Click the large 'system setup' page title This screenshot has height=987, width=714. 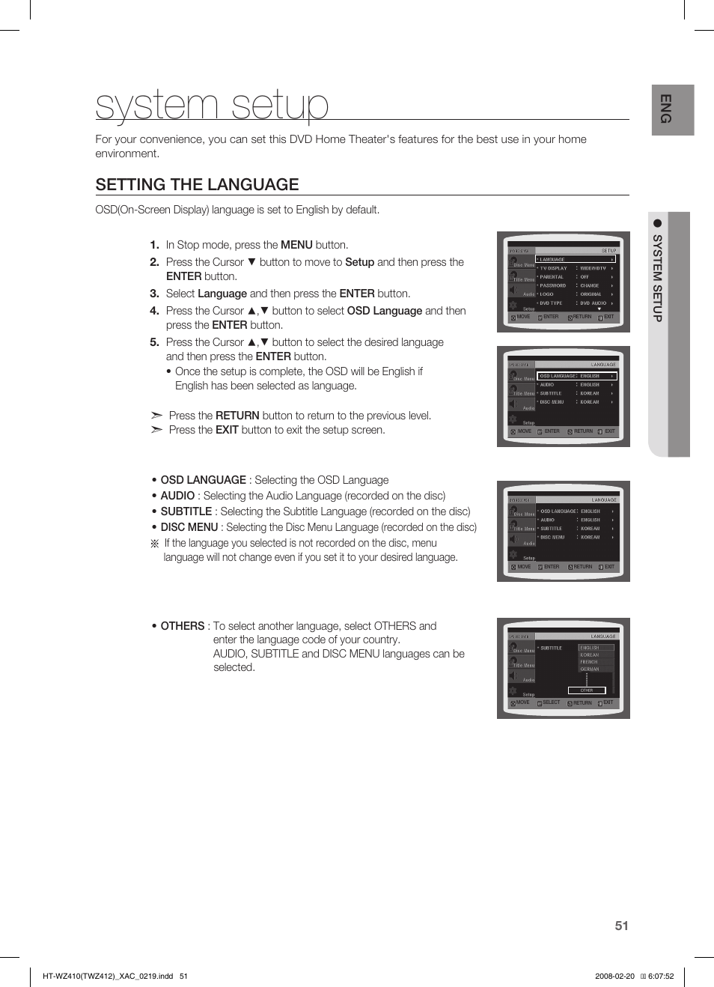212,105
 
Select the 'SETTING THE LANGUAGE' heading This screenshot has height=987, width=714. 197,185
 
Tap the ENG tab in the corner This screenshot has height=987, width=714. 672,109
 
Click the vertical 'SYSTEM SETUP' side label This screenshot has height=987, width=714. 657,278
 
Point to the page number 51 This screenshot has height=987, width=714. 621,926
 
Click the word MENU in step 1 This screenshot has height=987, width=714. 296,245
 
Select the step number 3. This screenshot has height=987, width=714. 154,294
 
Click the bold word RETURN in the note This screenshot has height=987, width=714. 237,416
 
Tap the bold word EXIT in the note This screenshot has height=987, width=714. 227,430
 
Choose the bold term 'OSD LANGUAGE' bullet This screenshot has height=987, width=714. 203,480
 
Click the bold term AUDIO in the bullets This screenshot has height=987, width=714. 177,496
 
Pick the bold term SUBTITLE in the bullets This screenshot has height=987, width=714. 186,511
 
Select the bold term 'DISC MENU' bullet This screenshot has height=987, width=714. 189,527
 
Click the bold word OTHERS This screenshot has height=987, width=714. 182,626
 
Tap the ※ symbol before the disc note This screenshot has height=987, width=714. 155,544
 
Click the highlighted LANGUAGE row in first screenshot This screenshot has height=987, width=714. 575,259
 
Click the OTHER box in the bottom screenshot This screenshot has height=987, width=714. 587,690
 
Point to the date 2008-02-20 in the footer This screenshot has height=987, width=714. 614,976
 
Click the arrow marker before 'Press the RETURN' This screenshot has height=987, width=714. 156,416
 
